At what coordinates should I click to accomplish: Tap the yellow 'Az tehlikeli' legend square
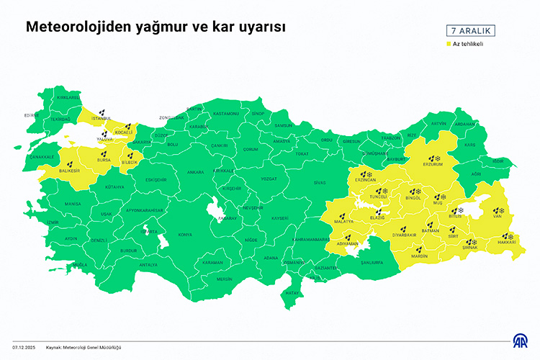[448, 45]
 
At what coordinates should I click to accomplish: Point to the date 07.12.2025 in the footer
[24, 346]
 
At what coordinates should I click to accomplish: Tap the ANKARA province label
[195, 173]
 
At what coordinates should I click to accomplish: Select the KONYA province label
[185, 235]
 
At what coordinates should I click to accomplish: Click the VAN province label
[497, 216]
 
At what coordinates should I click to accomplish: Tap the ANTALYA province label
[148, 265]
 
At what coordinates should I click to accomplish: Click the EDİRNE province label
[31, 115]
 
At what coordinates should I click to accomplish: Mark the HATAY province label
[291, 294]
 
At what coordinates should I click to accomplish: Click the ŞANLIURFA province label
[372, 262]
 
